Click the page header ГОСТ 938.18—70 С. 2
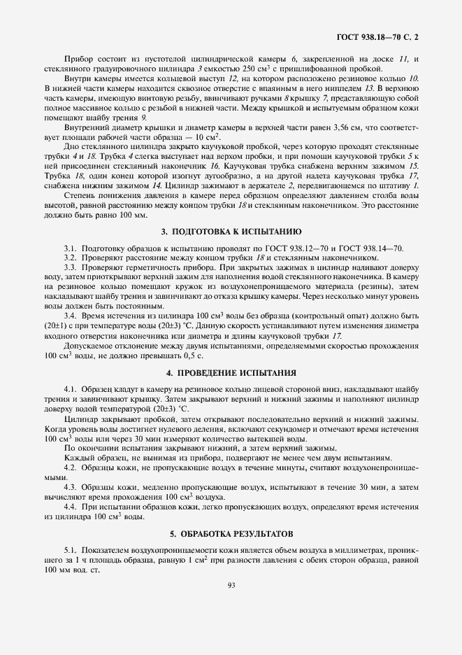pyautogui.click(x=382, y=34)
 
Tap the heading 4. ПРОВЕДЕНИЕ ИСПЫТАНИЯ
pyautogui.click(x=231, y=372)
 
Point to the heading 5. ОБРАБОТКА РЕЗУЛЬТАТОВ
pyautogui.click(x=231, y=534)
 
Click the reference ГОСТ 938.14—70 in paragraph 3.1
pyautogui.click(x=371, y=249)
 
